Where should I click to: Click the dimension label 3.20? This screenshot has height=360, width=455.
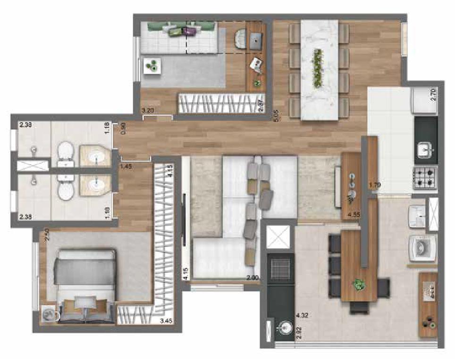tap(149, 110)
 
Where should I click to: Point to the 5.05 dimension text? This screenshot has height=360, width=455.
tap(276, 116)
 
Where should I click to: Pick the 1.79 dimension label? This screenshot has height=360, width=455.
tap(375, 184)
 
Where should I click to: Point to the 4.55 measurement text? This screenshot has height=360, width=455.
tap(354, 215)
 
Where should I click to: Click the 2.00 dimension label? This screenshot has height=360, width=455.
tap(253, 278)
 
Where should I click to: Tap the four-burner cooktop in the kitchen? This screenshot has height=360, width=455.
tap(425, 177)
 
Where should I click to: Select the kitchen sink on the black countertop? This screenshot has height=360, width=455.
tap(426, 150)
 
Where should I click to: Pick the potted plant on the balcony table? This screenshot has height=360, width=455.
tap(360, 284)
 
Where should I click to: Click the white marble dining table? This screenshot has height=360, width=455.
tap(319, 68)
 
